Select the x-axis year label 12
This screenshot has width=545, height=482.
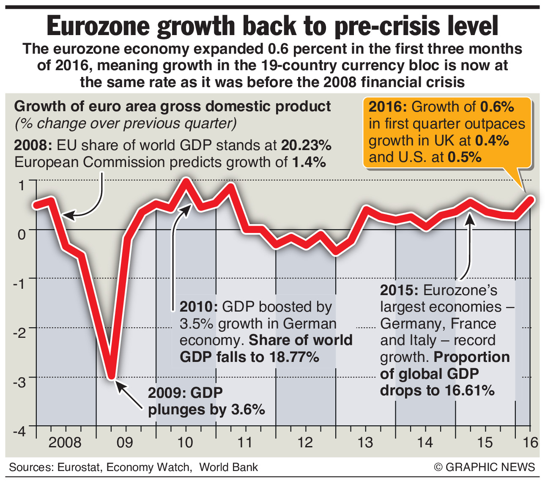click(305, 442)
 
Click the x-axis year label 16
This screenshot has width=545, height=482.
click(531, 442)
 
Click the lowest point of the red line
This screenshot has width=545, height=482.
click(111, 375)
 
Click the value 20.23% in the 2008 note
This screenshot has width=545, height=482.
click(307, 145)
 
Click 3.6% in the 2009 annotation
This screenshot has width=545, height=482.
click(248, 409)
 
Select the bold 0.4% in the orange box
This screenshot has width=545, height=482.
click(492, 140)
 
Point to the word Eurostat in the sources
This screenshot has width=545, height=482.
click(79, 467)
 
